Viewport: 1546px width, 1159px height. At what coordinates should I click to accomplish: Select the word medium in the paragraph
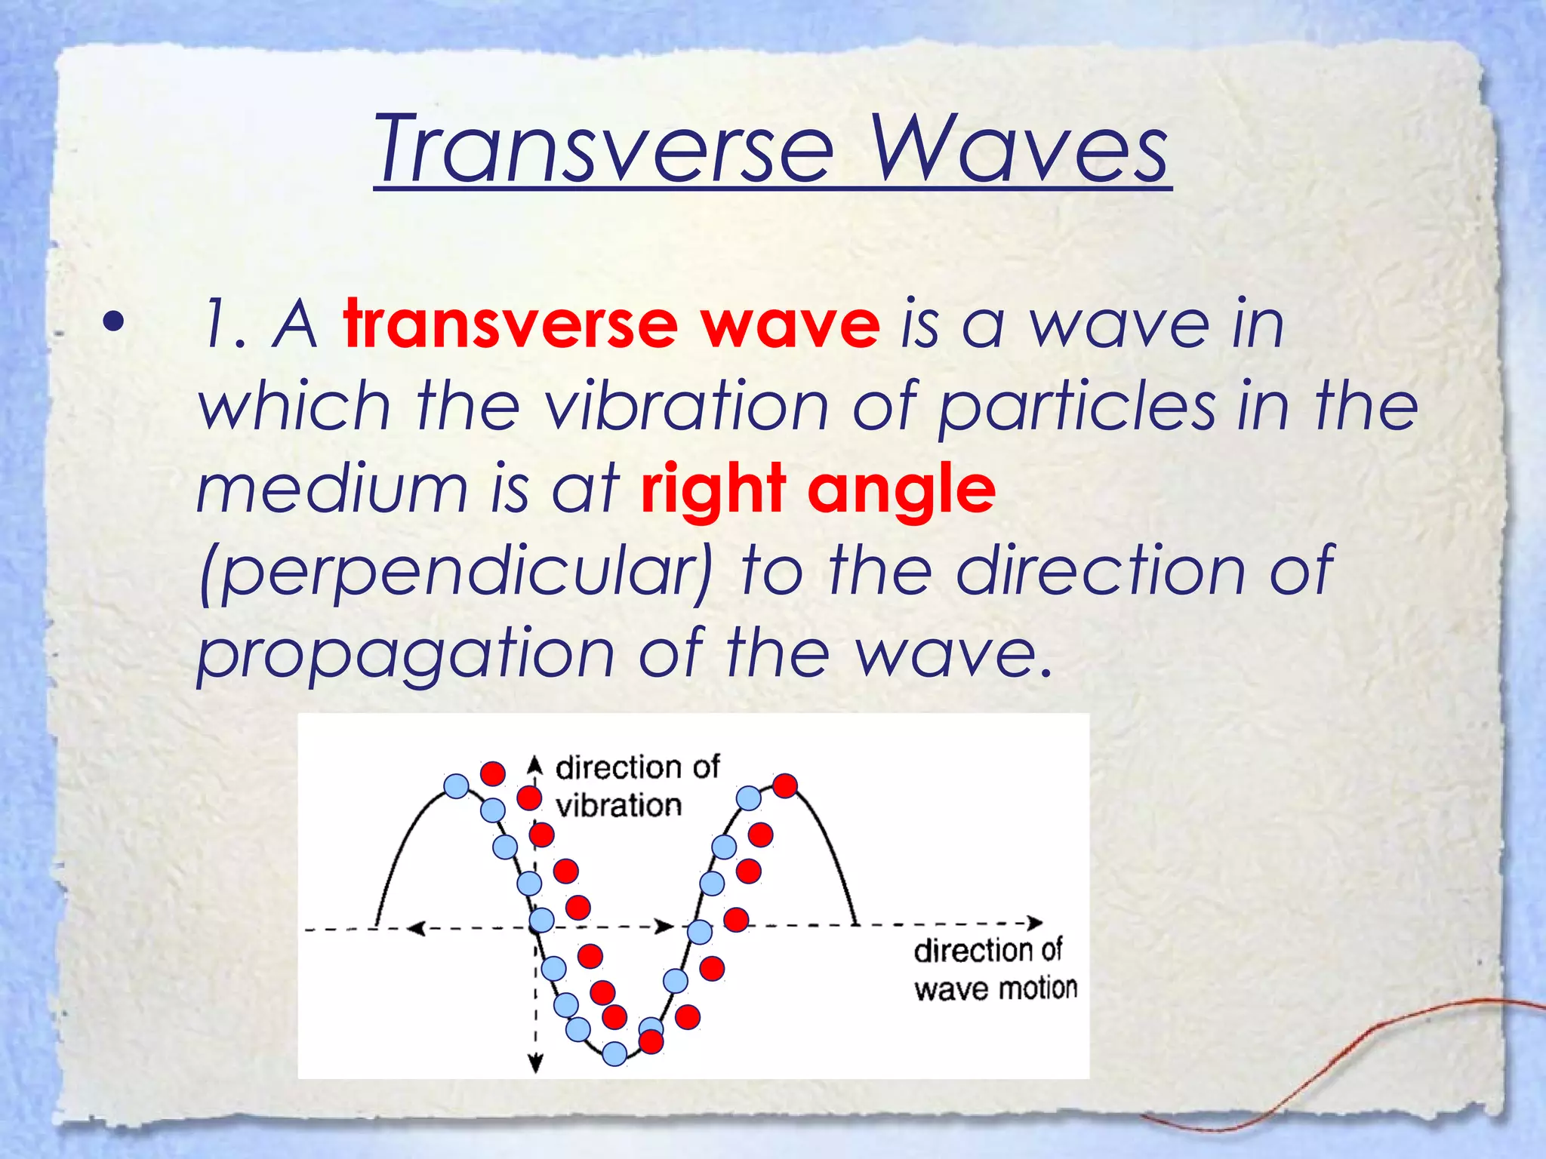coord(332,489)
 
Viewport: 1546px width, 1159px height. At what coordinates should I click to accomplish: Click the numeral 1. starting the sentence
coord(223,326)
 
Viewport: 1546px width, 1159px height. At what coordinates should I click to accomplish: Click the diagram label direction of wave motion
coord(994,970)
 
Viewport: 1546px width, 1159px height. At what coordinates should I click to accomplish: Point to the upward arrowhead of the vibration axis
coord(535,763)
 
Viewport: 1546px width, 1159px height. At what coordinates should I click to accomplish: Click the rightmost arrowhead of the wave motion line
coord(1036,923)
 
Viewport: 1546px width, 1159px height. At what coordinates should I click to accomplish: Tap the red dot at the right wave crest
coord(785,785)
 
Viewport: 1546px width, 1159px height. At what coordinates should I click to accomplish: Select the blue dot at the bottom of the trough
coord(615,1053)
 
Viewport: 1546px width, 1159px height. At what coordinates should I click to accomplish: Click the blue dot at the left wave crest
coord(456,786)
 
